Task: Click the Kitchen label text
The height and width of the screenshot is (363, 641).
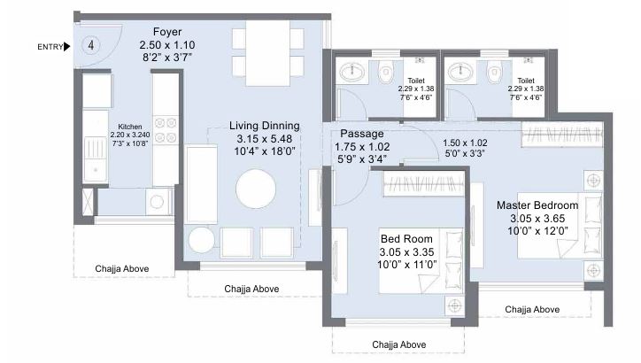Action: tap(130, 126)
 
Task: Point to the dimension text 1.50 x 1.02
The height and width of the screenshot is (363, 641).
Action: tap(465, 142)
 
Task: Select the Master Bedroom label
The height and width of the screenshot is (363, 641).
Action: tap(537, 205)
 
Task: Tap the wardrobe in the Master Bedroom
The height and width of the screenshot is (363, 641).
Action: tap(563, 135)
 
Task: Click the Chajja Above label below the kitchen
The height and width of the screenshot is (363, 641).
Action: tap(123, 269)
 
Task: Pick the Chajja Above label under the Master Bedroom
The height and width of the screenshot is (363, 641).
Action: tap(531, 309)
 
